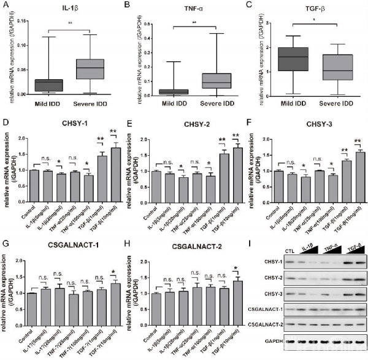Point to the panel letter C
tap(253, 6)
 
